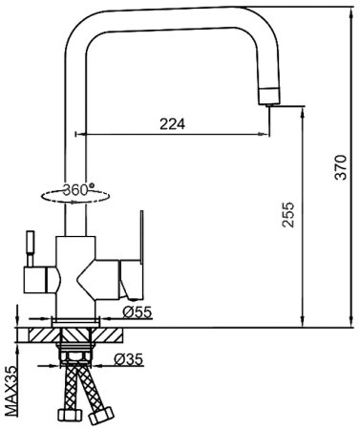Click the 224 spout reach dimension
[x=172, y=124]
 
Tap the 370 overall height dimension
[x=341, y=167]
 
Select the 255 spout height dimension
[x=288, y=215]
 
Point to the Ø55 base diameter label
[x=138, y=312]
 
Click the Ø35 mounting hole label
[x=129, y=359]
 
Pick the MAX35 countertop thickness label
[x=11, y=391]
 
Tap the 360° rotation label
[x=78, y=190]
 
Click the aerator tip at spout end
[x=269, y=96]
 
